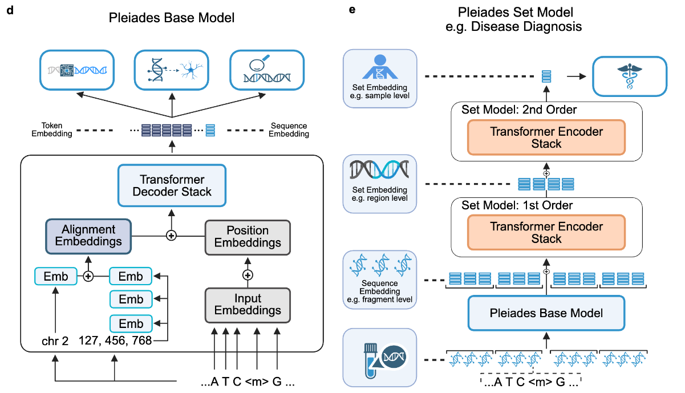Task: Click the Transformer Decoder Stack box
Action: [172, 185]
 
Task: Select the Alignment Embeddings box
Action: [88, 235]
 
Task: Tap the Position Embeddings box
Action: [247, 236]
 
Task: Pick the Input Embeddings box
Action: [247, 305]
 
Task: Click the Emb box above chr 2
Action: [55, 277]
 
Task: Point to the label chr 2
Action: [55, 341]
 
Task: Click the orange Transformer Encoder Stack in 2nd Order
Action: [546, 137]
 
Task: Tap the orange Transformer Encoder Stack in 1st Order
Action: [546, 233]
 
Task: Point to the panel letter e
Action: [352, 10]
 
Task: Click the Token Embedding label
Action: [57, 129]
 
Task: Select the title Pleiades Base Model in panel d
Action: [172, 18]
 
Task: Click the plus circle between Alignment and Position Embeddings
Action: [170, 235]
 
